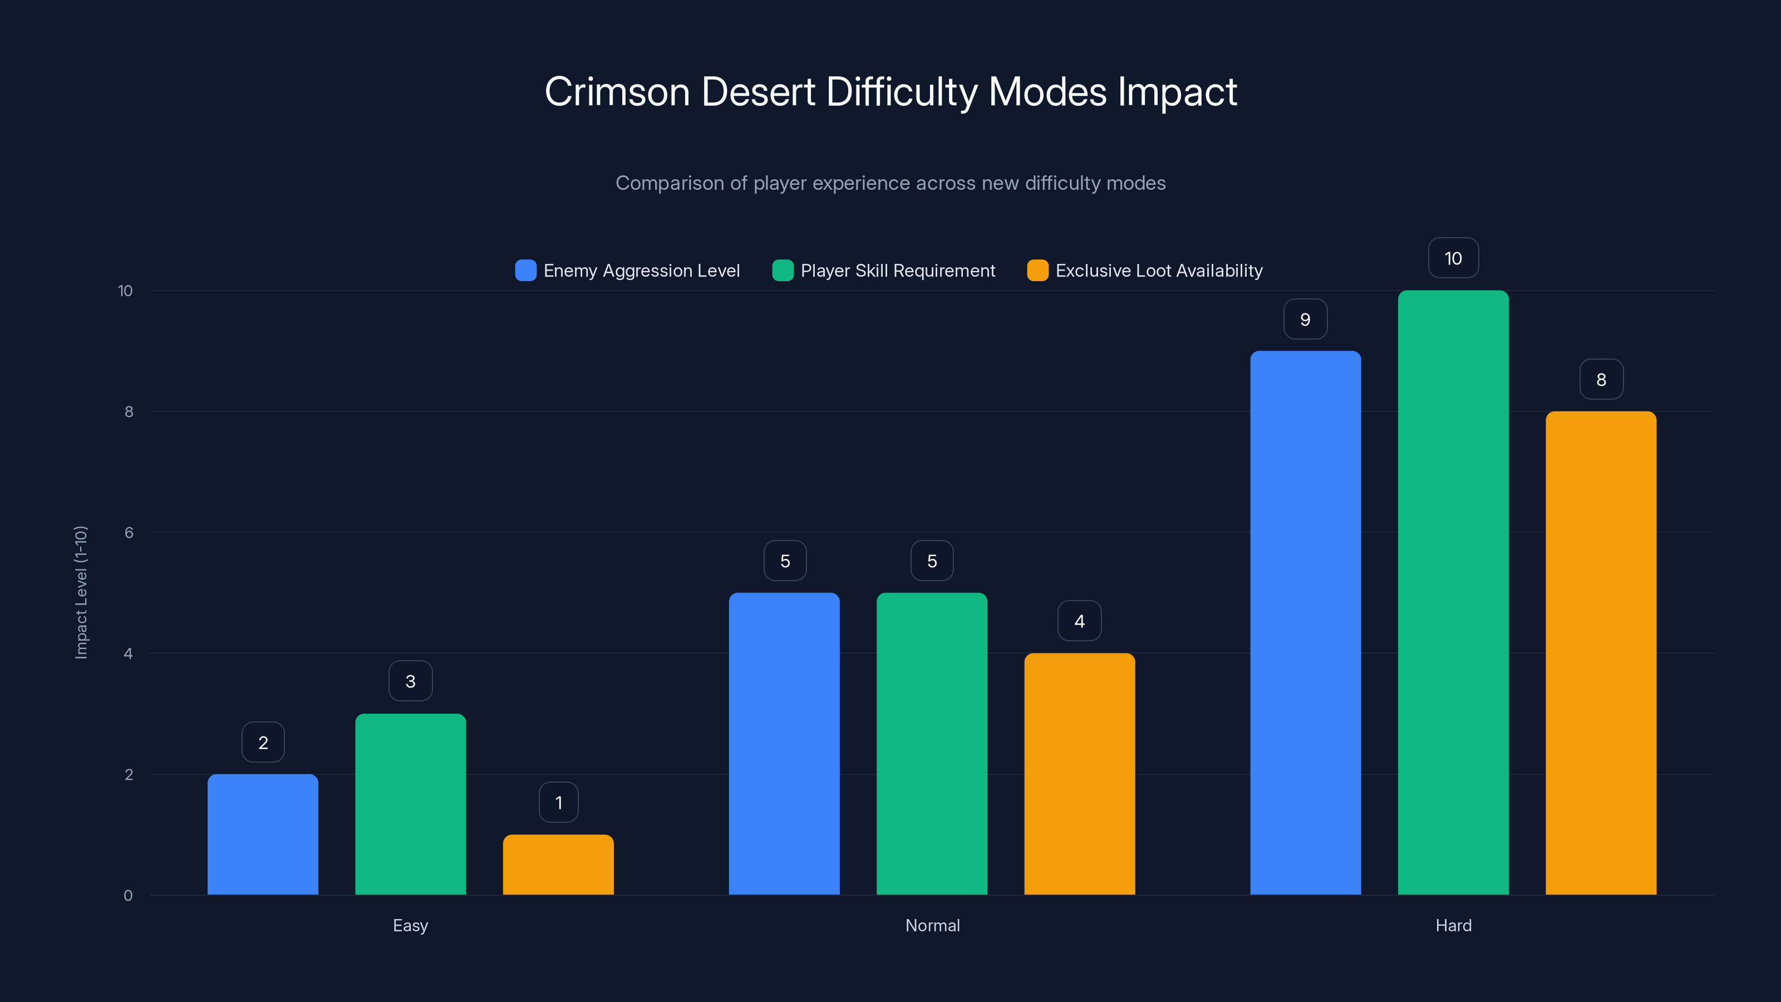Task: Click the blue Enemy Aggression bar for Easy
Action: pyautogui.click(x=263, y=834)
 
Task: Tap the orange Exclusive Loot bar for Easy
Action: pyautogui.click(x=558, y=865)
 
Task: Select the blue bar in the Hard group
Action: pyautogui.click(x=1305, y=622)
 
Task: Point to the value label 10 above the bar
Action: pyautogui.click(x=1453, y=258)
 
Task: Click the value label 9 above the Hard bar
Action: pyautogui.click(x=1305, y=319)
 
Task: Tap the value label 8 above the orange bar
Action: pyautogui.click(x=1601, y=379)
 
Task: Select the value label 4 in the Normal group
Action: pyautogui.click(x=1079, y=621)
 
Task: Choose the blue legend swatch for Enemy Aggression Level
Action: pyautogui.click(x=525, y=271)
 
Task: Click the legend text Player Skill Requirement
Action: pyautogui.click(x=897, y=271)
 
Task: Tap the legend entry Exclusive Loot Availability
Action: pyautogui.click(x=1159, y=271)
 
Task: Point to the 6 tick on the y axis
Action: pyautogui.click(x=129, y=533)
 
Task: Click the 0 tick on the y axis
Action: pyautogui.click(x=128, y=896)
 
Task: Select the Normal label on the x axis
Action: pyautogui.click(x=932, y=925)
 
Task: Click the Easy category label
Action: pyautogui.click(x=410, y=925)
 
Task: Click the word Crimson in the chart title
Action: pyautogui.click(x=617, y=92)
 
